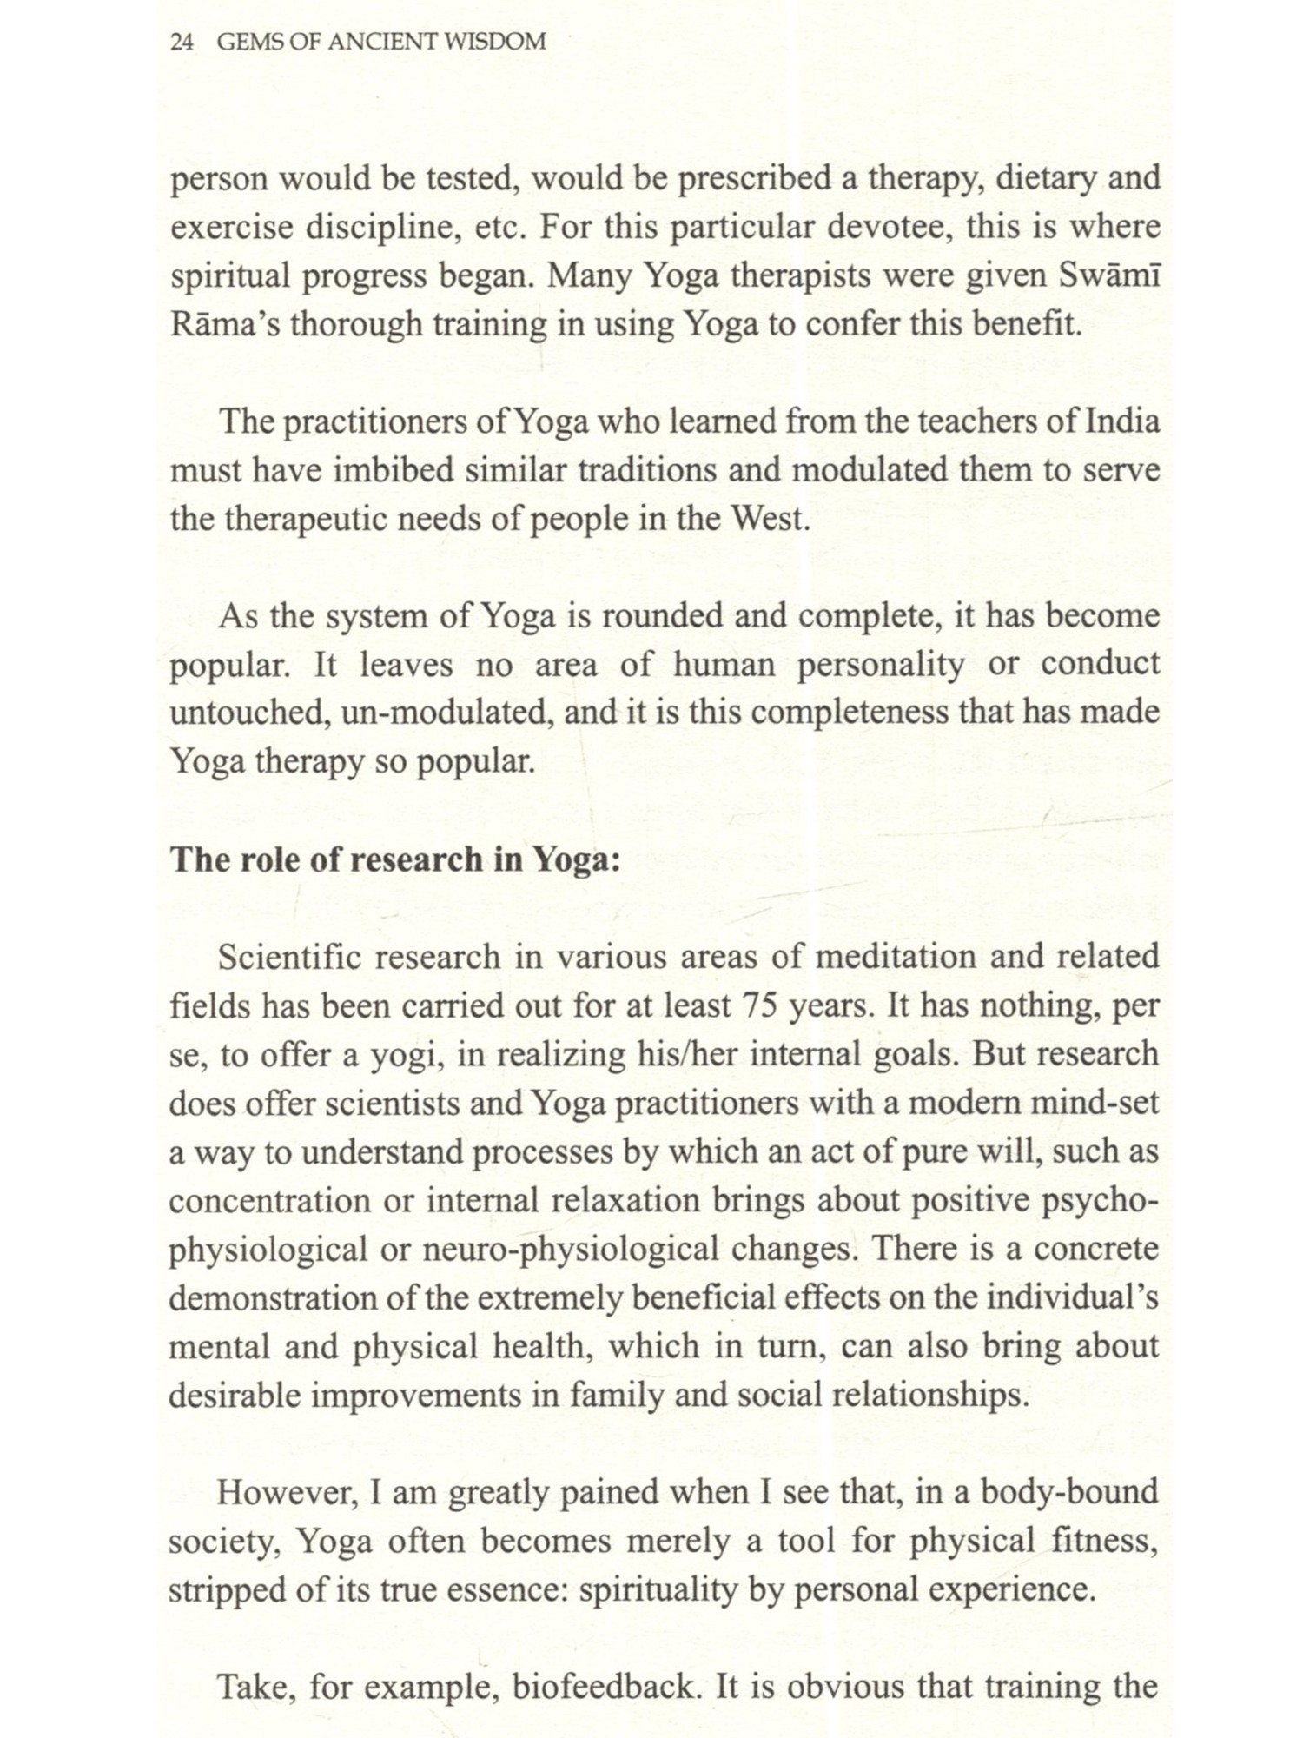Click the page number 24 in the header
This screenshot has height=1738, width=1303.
click(182, 42)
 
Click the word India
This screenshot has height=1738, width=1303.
click(1122, 421)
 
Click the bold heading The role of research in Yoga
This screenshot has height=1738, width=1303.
click(395, 859)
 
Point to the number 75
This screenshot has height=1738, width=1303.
click(762, 1006)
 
